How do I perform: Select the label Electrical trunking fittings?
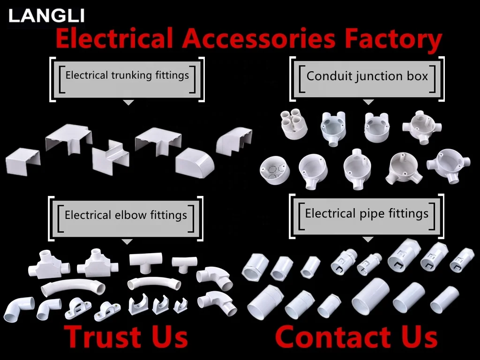tap(127, 75)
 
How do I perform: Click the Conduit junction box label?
tap(367, 76)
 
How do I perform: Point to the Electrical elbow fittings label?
tap(126, 215)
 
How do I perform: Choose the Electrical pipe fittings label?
tap(367, 214)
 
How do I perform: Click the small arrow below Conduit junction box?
tap(368, 102)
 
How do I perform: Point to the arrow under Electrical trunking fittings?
tap(128, 102)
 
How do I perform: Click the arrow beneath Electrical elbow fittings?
tap(127, 241)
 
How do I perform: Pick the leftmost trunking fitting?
tap(23, 160)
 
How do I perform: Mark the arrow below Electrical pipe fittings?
tap(368, 240)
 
